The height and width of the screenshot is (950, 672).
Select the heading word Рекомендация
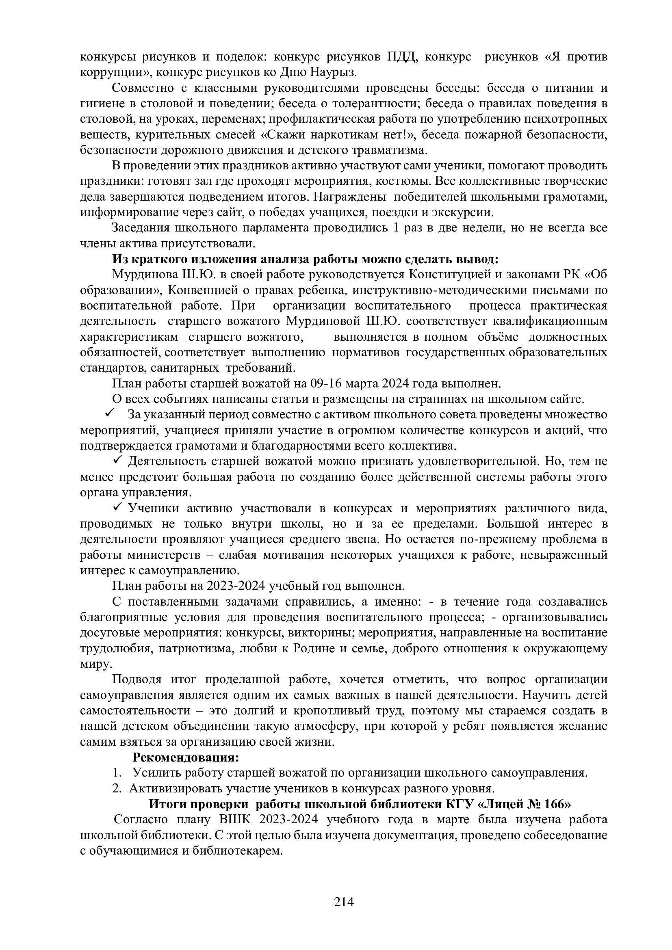coord(185,757)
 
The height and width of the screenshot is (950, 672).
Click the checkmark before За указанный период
coord(111,413)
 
